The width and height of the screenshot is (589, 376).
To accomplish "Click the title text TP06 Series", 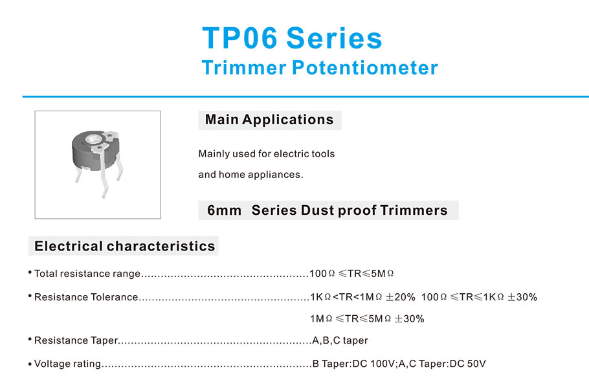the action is tap(292, 38).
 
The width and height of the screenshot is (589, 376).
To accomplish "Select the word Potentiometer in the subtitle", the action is tap(365, 67).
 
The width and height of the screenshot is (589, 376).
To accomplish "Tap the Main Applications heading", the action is tap(269, 120).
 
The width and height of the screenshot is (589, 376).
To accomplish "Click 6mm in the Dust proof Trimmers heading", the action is tap(224, 210).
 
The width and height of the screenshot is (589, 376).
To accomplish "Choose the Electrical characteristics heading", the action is tap(125, 246).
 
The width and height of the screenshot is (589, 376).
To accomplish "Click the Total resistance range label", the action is tap(87, 274).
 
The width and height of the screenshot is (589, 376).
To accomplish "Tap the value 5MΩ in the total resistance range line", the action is tap(383, 274).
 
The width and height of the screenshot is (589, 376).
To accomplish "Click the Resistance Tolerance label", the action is tap(86, 297).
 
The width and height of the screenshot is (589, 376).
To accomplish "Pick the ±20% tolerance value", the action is tap(401, 297).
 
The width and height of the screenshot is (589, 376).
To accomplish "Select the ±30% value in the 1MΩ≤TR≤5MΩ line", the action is tap(410, 318).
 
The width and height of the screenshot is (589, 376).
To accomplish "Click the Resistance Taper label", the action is tap(76, 340).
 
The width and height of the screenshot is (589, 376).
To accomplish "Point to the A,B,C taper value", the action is tap(340, 340).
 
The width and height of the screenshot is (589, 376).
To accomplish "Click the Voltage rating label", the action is tap(67, 364).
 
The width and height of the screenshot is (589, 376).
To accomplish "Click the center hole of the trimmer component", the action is tap(93, 139).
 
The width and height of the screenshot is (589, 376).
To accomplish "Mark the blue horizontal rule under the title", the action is tap(306, 96).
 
